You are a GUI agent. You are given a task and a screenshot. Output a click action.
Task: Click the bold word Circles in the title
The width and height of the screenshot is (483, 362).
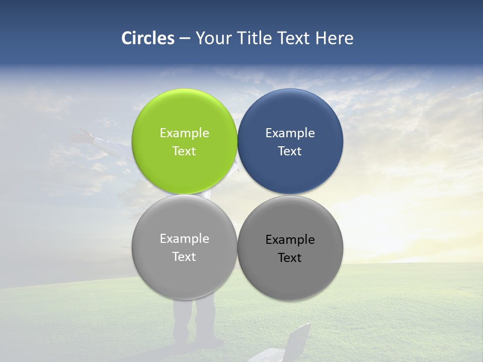coord(147,38)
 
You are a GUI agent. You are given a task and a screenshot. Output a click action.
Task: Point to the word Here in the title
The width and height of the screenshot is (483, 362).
coord(334,38)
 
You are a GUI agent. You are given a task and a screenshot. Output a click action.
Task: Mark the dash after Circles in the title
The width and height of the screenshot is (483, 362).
coord(184,39)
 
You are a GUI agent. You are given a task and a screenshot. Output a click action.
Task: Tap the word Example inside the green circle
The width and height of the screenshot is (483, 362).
coord(184,133)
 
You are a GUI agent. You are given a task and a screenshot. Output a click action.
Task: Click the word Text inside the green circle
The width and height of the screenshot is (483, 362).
coord(184,151)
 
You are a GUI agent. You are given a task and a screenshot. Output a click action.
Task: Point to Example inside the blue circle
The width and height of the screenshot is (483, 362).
coord(290,133)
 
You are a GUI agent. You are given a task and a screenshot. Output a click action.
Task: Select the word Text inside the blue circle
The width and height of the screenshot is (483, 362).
coord(290,151)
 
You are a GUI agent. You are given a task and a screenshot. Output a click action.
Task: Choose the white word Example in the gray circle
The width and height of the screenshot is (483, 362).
coord(184,238)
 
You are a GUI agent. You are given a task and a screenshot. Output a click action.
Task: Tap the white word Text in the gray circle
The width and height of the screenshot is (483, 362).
coord(184,256)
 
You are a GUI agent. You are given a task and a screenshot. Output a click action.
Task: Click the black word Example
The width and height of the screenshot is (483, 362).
coord(290,239)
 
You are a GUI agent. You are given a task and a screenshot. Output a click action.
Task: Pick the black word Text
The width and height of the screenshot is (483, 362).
coord(290,257)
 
